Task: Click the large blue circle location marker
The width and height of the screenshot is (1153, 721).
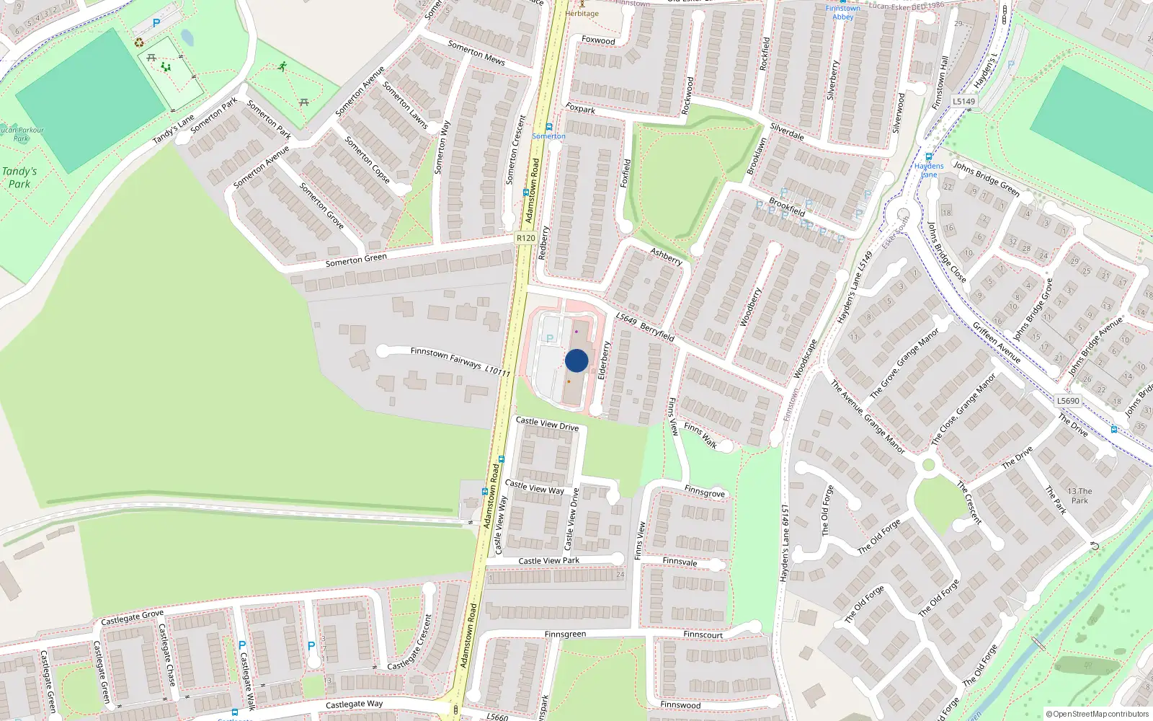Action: (x=576, y=360)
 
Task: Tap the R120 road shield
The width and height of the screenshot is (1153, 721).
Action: (x=526, y=238)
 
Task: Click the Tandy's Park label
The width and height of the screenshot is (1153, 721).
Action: (x=19, y=177)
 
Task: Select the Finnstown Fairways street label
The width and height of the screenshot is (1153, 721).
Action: (x=460, y=361)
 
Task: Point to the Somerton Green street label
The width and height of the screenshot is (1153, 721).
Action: (x=356, y=260)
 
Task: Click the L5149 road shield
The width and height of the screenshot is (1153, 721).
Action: (x=963, y=102)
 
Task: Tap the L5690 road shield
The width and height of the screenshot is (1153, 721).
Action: (x=1068, y=401)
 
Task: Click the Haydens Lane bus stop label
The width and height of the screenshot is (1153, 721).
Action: (x=929, y=169)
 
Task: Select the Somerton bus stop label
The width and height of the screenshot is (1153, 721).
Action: (x=549, y=136)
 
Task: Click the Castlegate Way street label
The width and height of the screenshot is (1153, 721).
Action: (x=354, y=704)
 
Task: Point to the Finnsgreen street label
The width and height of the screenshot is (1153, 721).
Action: (x=565, y=634)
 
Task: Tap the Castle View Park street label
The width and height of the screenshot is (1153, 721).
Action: (x=548, y=560)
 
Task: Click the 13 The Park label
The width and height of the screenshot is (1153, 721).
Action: (x=1079, y=495)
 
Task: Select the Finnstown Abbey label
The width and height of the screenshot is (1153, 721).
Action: (x=842, y=12)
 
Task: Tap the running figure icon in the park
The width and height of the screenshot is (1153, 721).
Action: (x=282, y=66)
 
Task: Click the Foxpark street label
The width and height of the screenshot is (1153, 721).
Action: (x=580, y=109)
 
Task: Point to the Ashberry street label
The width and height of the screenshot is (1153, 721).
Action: (x=666, y=256)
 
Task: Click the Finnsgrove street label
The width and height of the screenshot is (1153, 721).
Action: (x=704, y=492)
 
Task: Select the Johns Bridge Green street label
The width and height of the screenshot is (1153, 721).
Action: (x=987, y=178)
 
